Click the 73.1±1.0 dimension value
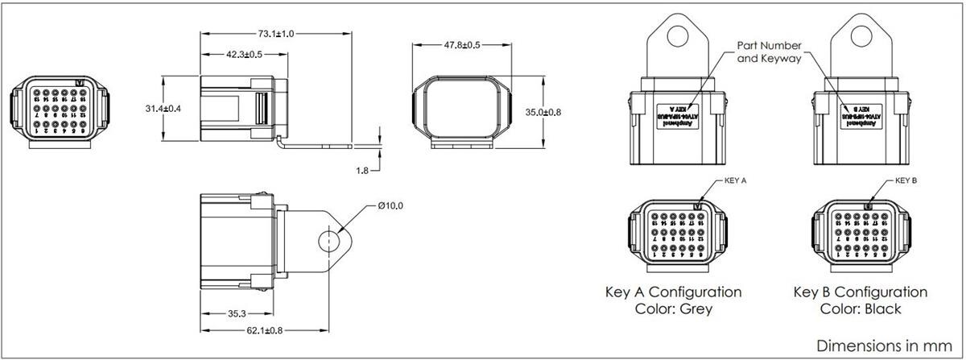tap(275, 34)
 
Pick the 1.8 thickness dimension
tap(364, 171)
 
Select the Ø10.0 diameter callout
tap(390, 206)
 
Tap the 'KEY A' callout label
tap(736, 181)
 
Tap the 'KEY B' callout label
tap(906, 181)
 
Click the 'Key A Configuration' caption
tap(673, 292)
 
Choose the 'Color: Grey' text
tap(673, 308)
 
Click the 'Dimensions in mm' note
tap(884, 345)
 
